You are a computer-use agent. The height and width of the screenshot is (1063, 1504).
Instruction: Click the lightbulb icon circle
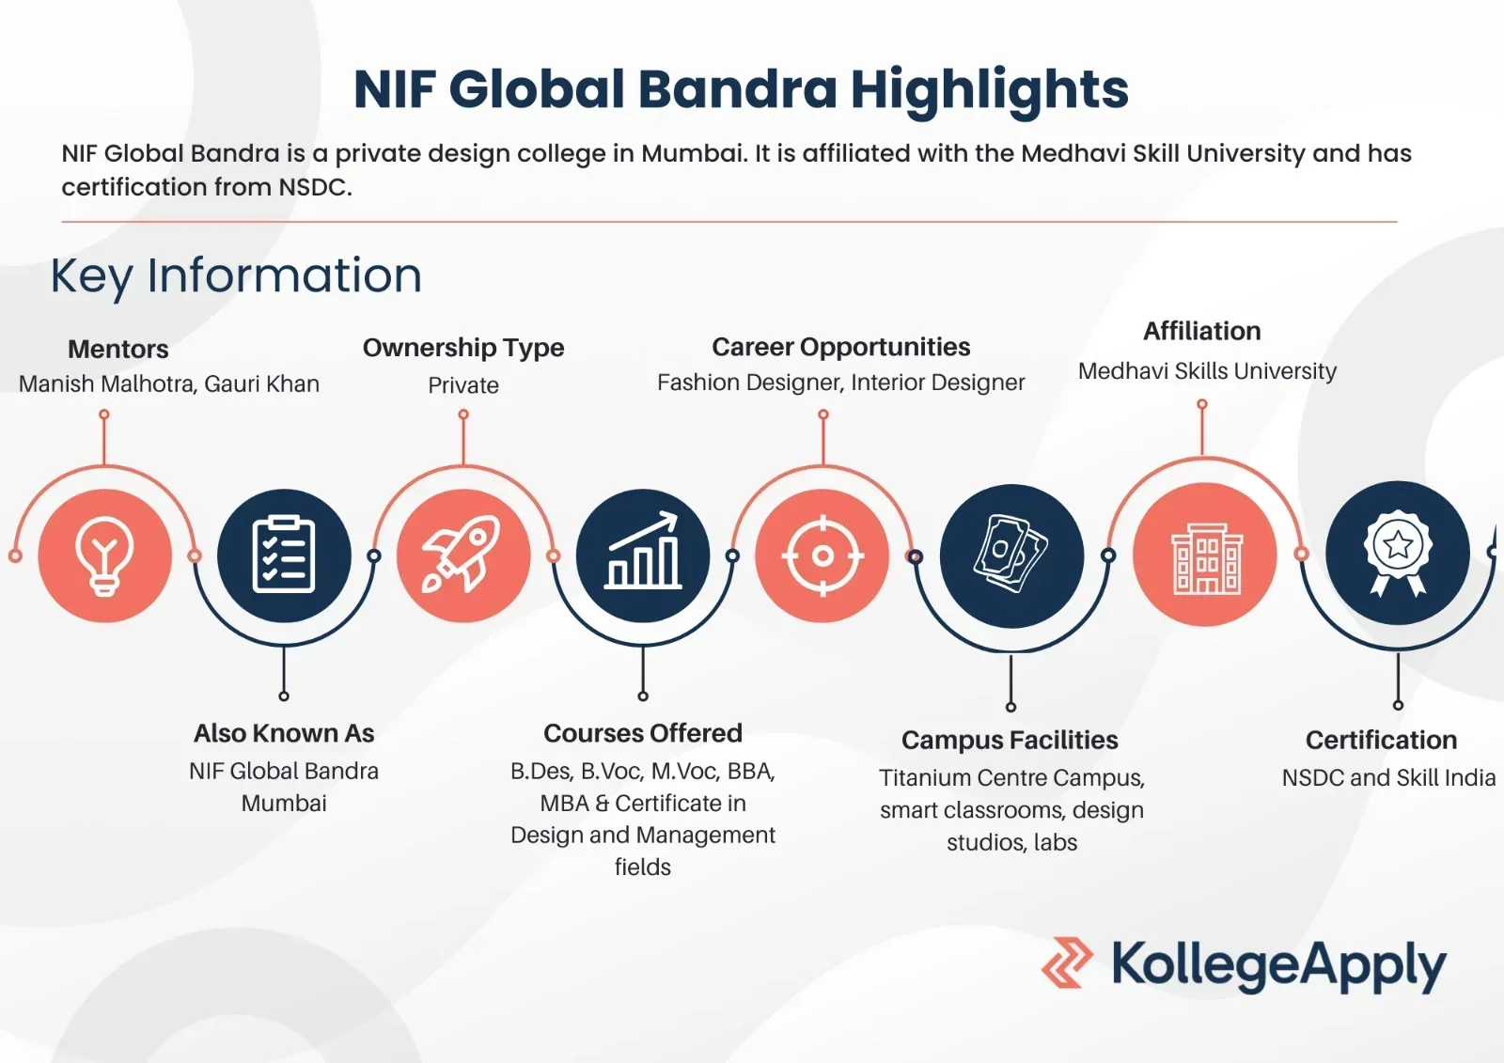coord(104,555)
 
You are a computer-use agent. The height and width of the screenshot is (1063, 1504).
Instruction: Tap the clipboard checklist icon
coord(284,555)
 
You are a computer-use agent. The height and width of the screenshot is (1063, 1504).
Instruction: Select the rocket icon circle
coord(463,555)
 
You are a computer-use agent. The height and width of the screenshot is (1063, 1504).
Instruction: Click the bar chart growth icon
coord(643,551)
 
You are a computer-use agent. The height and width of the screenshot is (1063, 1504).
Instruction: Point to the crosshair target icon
coord(822,556)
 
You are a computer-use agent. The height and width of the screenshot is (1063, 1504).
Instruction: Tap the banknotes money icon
coord(1011,554)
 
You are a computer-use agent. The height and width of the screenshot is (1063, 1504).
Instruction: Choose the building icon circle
coord(1205,555)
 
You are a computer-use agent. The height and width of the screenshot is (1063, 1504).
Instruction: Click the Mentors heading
coord(118,350)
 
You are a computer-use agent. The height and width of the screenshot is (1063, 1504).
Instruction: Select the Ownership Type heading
coord(463,348)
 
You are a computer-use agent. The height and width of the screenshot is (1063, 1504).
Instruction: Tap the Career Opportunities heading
coord(841,347)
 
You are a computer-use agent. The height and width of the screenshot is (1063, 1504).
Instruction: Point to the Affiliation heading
coord(1202,331)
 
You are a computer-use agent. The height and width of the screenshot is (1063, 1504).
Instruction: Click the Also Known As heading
coord(284,733)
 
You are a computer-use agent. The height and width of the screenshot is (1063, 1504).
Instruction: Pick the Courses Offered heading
coord(643,733)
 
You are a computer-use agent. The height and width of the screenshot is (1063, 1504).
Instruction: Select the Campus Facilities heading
coord(1010,740)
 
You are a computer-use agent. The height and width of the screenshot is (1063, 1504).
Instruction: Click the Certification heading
coord(1381,740)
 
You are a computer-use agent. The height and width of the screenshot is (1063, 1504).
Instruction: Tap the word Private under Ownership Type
coord(463,385)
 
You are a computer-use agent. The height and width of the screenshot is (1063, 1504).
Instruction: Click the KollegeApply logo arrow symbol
coord(1067,962)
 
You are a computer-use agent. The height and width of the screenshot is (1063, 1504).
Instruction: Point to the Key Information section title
coord(236,276)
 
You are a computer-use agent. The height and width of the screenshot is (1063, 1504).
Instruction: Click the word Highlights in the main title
coord(990,90)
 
